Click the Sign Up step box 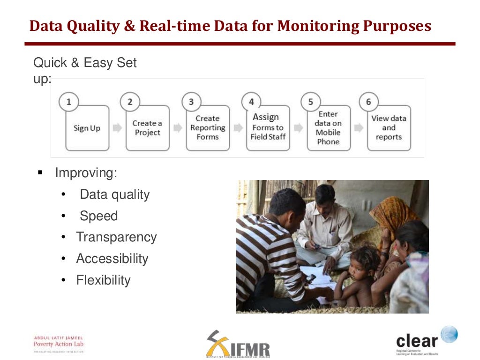point(87,128)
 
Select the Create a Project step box point(147,128)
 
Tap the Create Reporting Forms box point(208,128)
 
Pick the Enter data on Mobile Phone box point(328,128)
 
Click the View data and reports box point(389,128)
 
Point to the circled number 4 point(251,102)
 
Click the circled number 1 point(69,102)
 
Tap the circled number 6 point(368,102)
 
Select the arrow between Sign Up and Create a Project point(117,128)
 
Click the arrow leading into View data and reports point(359,128)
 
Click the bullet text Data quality point(114,195)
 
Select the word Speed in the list point(98,216)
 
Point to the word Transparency point(116,237)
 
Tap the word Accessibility point(112,259)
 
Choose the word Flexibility point(103,280)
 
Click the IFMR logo point(238,345)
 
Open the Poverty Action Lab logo point(59,344)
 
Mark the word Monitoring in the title point(319,26)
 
